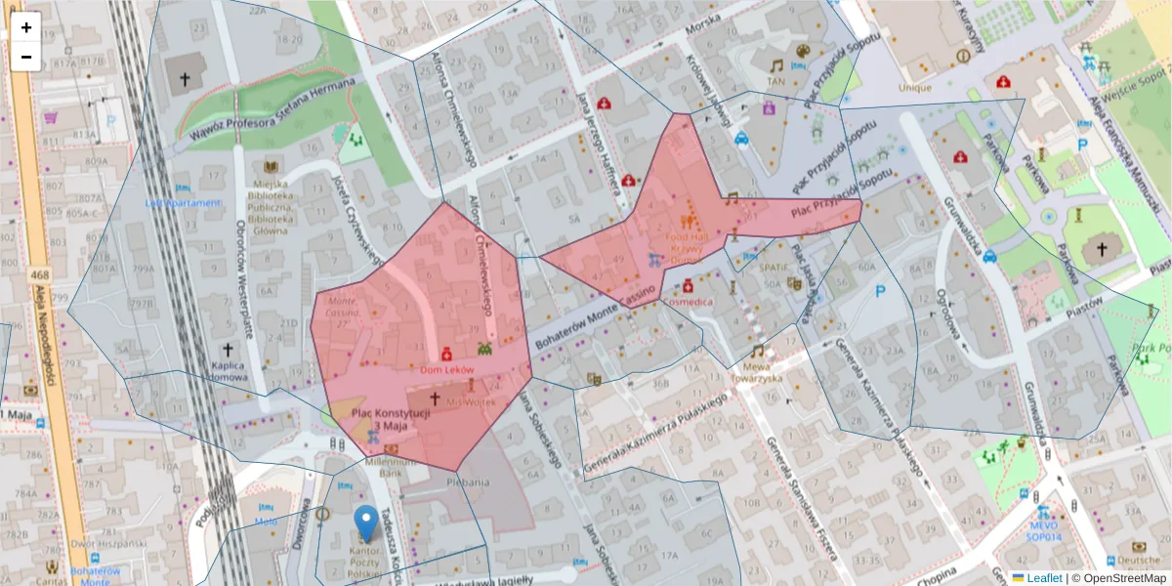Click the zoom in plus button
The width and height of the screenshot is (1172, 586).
click(26, 27)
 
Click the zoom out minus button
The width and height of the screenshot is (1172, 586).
click(26, 57)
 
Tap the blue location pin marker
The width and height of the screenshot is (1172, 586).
click(366, 523)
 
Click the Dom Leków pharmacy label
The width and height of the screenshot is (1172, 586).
click(446, 371)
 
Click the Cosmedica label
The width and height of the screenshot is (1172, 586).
click(688, 302)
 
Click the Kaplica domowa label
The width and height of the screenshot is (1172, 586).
click(229, 370)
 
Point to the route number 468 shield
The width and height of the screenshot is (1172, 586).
click(40, 277)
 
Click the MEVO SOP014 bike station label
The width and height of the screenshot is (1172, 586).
click(1043, 529)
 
